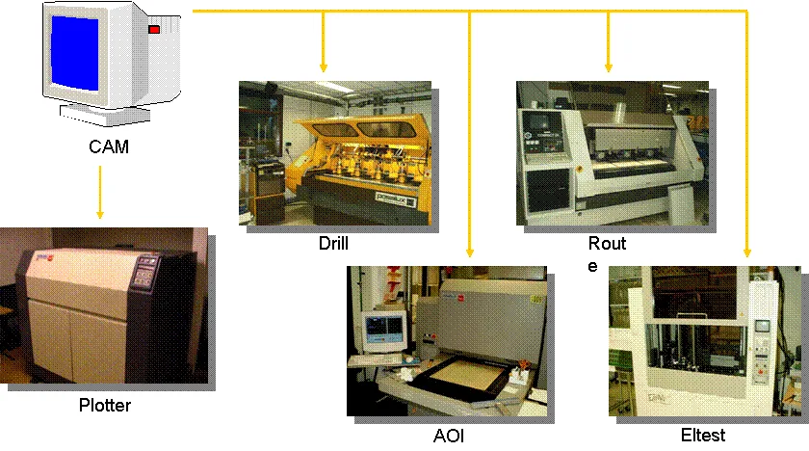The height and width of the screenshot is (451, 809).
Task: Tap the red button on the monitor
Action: tap(153, 31)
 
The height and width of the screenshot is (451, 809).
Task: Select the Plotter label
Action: tap(105, 405)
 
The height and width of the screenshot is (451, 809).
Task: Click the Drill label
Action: tap(333, 243)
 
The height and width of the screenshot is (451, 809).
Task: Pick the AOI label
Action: tap(449, 436)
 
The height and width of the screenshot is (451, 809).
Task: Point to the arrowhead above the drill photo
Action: tap(323, 68)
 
